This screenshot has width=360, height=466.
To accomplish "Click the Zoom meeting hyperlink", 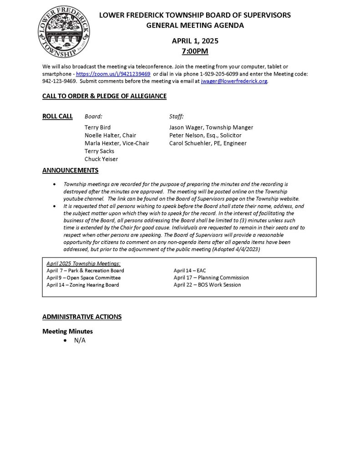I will click(113, 74).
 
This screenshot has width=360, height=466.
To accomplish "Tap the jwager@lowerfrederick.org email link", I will click(234, 81).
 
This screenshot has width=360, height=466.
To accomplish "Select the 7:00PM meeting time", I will click(195, 51).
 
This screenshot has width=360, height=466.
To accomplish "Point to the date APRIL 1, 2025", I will click(195, 41).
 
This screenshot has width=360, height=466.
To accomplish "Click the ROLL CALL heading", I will click(57, 116).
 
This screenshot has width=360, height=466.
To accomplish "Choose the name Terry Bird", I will click(97, 127).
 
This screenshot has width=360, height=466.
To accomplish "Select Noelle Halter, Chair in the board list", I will click(110, 135).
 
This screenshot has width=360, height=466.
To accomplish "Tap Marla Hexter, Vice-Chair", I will click(117, 143).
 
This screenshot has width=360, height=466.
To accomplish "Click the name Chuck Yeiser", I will click(101, 159).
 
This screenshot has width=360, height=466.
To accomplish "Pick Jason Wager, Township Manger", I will click(211, 127).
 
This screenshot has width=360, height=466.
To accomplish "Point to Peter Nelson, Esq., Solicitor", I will click(205, 135).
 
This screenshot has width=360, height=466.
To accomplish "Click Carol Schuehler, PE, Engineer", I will click(208, 143).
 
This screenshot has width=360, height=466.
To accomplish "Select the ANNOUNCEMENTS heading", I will click(70, 171).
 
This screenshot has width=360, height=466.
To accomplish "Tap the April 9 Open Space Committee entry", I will click(83, 278).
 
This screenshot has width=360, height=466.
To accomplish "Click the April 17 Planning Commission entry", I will click(211, 278).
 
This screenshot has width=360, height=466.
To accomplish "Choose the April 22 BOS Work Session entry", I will click(207, 285).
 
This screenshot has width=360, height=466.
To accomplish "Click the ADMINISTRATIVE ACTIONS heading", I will click(82, 316).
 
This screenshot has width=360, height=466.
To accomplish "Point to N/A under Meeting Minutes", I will click(80, 340).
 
